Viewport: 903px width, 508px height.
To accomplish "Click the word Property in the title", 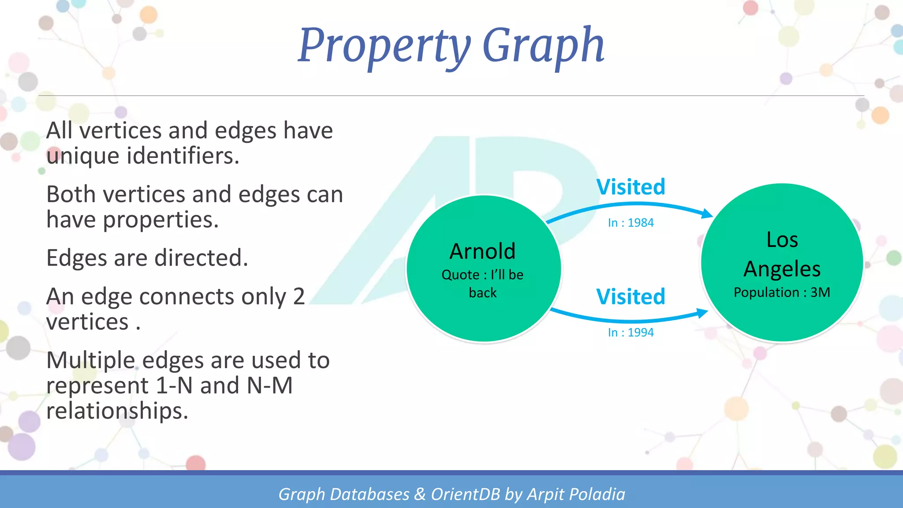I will coord(384,45).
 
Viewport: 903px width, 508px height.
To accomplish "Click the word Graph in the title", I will coord(543,45).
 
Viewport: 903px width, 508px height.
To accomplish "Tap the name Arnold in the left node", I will coord(482,251).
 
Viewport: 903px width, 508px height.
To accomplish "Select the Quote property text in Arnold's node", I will coord(482,283).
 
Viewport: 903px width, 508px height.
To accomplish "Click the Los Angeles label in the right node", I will coord(782,254).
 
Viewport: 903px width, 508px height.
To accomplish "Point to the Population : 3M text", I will coord(782,292).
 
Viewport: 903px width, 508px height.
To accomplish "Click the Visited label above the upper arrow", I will coord(631,187).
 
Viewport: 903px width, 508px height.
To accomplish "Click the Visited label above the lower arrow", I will coord(631,296).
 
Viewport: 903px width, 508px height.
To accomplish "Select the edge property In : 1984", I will coord(631,223).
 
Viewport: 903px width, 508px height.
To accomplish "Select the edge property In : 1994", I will coord(631,332).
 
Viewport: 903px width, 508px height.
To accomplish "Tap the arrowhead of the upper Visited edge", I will coord(707,213).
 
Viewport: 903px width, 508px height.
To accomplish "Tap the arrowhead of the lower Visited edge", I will coord(703,314).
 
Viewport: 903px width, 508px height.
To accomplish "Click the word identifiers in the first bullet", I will coord(183,156).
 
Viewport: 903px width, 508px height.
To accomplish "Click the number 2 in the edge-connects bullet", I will coord(299,296).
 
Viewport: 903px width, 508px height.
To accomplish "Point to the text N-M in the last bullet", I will coord(269,385).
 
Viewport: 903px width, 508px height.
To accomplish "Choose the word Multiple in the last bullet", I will coord(90,360).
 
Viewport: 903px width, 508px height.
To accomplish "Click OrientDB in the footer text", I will coord(465,494).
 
